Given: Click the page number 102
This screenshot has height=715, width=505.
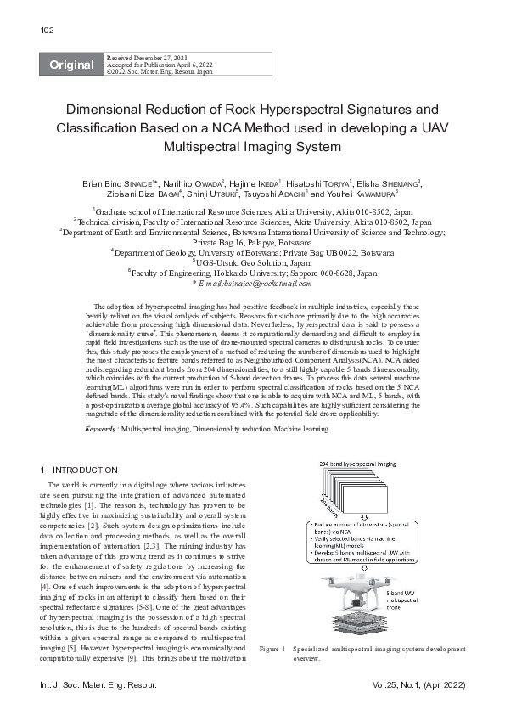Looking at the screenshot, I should [47, 31].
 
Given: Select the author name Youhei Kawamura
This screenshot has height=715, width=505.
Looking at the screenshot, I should [388, 194].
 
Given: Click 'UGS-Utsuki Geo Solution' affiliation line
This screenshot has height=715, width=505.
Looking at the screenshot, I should [252, 263].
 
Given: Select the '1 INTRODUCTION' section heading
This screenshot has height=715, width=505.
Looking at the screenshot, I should [79, 470].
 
